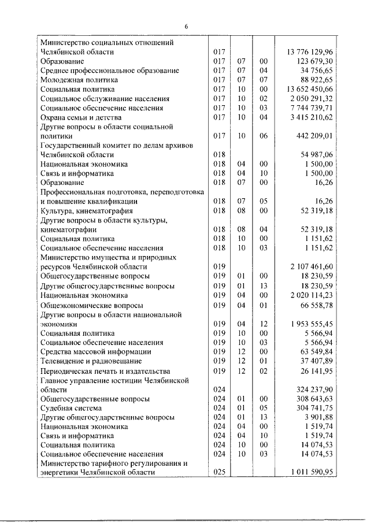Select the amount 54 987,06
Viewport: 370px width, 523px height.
(x=316, y=155)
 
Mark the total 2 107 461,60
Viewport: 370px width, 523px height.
(x=312, y=267)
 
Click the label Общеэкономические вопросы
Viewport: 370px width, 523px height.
(x=92, y=305)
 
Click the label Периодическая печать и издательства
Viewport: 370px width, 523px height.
(x=105, y=370)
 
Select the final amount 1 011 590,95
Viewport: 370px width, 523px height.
(x=312, y=473)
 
